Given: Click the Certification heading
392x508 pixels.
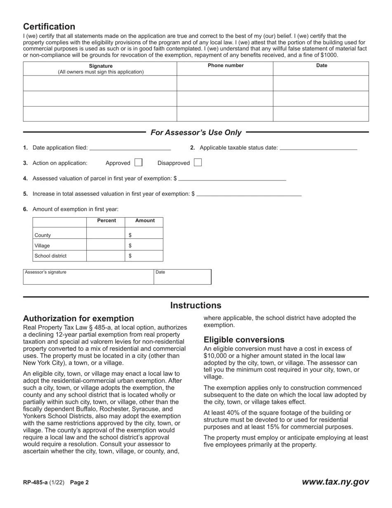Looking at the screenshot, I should coord(49,27).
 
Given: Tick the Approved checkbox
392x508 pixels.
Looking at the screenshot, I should coord(139,163).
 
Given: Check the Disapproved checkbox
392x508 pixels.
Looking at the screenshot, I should coord(198,163).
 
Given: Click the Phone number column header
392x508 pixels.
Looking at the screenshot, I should coord(225,66).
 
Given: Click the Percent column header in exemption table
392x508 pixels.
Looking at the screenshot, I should coord(106,221).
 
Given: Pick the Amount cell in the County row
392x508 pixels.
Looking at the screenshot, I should coord(144,235).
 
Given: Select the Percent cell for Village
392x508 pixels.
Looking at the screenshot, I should coord(106,245).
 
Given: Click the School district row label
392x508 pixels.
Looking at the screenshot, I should coord(51,256).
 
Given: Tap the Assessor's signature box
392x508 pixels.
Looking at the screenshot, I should coord(88,277).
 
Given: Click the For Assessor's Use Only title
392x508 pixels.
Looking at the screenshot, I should coord(196,133).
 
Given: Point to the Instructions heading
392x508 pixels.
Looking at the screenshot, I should coord(196,306).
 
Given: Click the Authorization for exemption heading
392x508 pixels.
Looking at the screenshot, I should coord(78,318).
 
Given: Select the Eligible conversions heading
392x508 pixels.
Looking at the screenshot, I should coord(244,340).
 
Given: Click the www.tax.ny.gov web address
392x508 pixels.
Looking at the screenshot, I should coord(335,482).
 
